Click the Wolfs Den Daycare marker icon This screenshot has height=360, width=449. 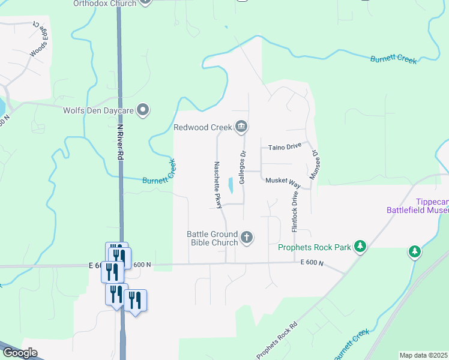[143, 110]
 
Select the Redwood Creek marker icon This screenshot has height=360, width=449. [242, 126]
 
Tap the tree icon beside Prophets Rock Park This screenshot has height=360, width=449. [360, 246]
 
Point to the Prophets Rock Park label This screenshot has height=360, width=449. [315, 247]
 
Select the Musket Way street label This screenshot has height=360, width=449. [282, 180]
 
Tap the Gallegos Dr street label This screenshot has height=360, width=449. [243, 167]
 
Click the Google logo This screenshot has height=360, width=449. [20, 353]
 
